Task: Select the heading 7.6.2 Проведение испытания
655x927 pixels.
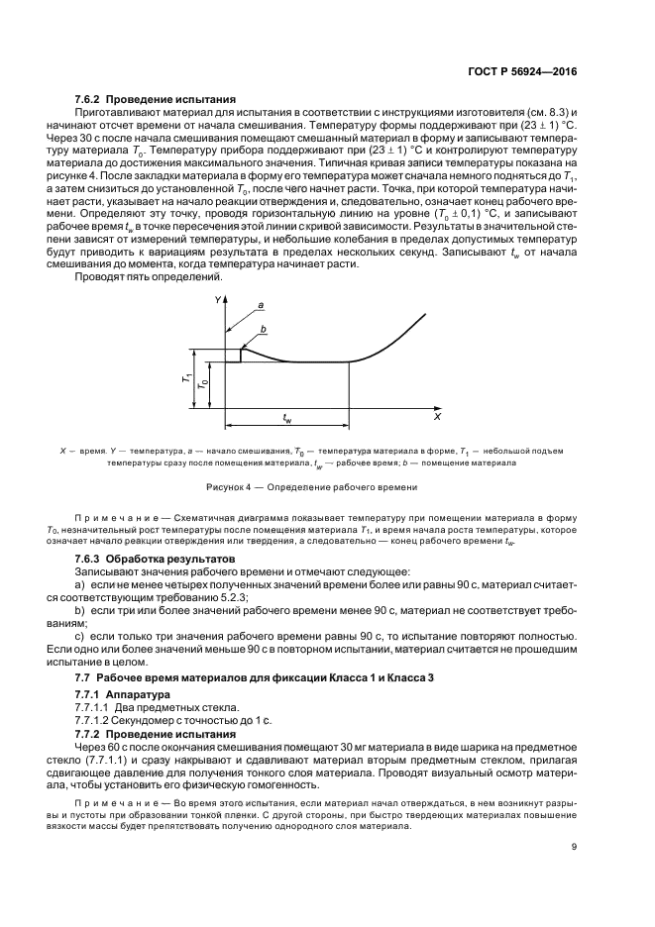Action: pyautogui.click(x=156, y=99)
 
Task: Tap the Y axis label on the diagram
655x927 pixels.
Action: pyautogui.click(x=217, y=299)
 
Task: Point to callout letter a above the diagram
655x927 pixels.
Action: pyautogui.click(x=261, y=306)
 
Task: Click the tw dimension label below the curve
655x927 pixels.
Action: pyautogui.click(x=286, y=418)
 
